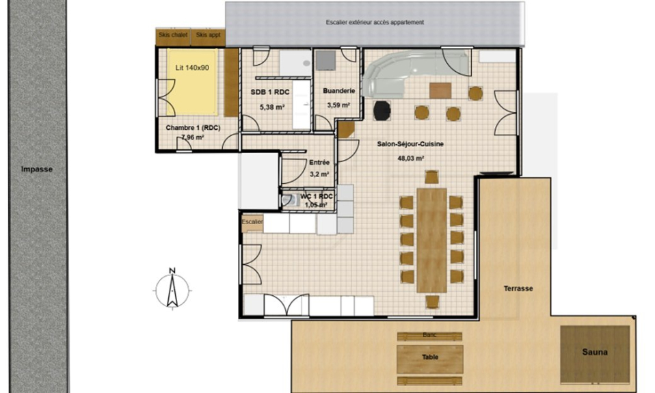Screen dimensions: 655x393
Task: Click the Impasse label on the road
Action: (37, 169)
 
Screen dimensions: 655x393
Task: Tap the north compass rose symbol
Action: (172, 288)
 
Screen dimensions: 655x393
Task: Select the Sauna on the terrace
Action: (595, 355)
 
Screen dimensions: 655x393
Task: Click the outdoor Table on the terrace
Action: (430, 359)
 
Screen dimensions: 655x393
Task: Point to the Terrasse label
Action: (518, 288)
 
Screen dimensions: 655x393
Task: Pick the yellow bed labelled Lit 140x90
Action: (192, 82)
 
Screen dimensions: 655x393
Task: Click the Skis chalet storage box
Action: (173, 37)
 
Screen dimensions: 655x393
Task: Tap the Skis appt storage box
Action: (208, 37)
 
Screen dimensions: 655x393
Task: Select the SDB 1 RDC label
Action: (270, 92)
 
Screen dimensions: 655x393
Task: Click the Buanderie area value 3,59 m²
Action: (338, 105)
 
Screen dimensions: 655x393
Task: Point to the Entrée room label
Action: (319, 163)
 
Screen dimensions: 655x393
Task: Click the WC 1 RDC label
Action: (317, 196)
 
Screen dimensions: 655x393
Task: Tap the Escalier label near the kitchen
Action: (252, 221)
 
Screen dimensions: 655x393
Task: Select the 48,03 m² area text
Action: (411, 159)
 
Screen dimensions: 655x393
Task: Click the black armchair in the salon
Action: (382, 111)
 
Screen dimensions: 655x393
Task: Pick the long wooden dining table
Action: (432, 240)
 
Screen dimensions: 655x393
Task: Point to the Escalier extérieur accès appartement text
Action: (375, 22)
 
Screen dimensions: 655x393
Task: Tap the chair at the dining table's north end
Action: (431, 177)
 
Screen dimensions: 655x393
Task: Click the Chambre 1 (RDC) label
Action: (193, 128)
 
